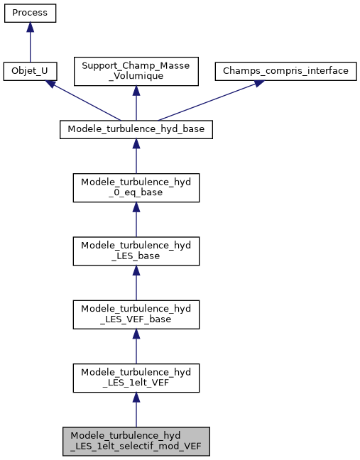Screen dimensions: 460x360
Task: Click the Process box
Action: [30, 13]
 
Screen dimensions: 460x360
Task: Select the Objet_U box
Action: [30, 71]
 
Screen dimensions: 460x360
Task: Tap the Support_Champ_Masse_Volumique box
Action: [136, 71]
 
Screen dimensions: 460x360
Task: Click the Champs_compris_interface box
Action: [285, 71]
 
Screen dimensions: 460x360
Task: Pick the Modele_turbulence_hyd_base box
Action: [136, 129]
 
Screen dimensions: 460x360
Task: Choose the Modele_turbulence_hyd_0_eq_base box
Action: [136, 187]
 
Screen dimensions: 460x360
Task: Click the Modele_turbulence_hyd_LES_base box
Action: [136, 250]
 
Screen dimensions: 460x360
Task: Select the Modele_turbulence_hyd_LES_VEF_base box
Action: [136, 314]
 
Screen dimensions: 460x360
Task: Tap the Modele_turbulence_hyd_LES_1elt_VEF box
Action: [136, 378]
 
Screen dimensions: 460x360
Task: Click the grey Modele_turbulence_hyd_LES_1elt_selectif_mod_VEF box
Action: [136, 442]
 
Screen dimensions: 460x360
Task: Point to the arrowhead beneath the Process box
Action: [30, 26]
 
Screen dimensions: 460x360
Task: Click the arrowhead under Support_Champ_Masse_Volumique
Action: [136, 91]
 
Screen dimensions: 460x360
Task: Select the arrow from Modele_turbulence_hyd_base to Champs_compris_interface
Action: [206, 102]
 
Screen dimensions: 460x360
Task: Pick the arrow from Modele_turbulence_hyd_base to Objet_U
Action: [85, 102]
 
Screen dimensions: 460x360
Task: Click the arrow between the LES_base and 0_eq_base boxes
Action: [136, 221]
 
